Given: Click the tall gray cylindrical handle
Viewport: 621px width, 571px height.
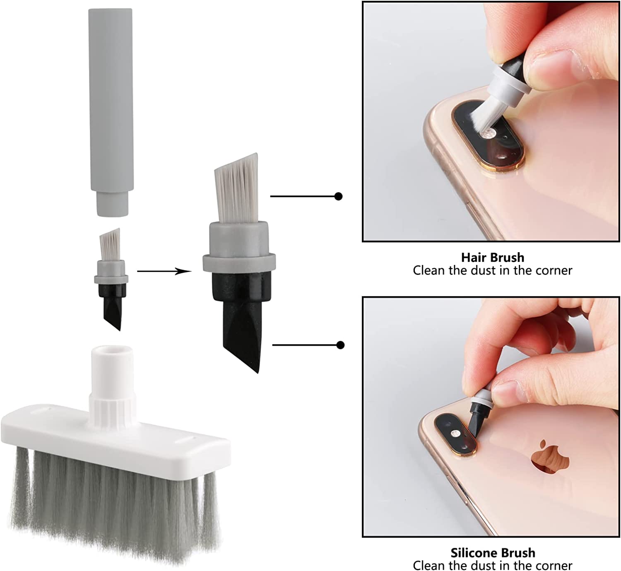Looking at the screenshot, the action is [111, 111].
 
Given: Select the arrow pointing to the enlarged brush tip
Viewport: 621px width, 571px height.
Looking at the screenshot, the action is [164, 271].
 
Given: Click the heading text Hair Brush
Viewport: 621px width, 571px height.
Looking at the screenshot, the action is [493, 258].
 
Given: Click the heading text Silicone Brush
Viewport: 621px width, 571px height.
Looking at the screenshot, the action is [493, 552].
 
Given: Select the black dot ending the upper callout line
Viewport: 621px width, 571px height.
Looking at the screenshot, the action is [339, 196].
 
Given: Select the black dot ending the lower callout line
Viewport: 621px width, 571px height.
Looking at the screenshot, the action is [341, 345].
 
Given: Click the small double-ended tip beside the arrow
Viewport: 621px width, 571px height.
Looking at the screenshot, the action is [111, 279].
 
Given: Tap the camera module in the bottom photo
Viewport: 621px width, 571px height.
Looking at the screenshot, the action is [455, 434].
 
